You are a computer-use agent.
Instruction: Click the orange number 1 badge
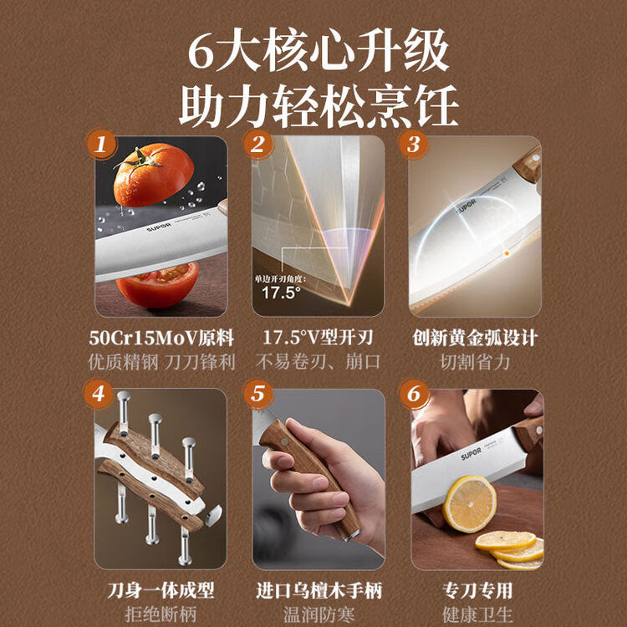[101, 145]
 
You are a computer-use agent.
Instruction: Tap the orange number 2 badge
[257, 145]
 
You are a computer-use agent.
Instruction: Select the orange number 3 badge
[414, 145]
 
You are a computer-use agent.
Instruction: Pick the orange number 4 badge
[99, 395]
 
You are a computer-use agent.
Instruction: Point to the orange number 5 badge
[258, 395]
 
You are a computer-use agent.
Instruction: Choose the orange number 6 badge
[415, 395]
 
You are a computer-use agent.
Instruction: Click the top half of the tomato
[153, 176]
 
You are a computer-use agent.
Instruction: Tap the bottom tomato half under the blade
[158, 285]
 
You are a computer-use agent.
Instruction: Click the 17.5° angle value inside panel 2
[281, 293]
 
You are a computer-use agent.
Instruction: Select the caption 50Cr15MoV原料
[161, 339]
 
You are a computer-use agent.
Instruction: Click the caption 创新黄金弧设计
[475, 339]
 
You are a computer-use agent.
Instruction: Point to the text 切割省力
[475, 362]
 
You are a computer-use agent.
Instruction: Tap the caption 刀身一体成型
[161, 590]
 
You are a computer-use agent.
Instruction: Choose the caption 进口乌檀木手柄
[319, 590]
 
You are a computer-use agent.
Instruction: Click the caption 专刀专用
[477, 590]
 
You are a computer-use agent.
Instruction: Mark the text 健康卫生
[477, 614]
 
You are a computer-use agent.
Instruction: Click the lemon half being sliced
[470, 504]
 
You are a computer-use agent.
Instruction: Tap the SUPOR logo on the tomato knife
[159, 228]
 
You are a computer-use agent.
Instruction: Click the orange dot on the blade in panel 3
[507, 253]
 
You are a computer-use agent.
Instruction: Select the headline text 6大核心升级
[319, 52]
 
